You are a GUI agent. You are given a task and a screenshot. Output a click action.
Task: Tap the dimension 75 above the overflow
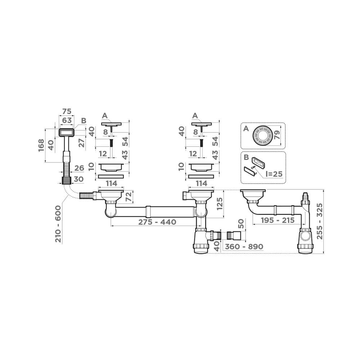(x=66, y=111)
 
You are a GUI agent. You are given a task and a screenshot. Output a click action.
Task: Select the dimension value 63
(x=66, y=120)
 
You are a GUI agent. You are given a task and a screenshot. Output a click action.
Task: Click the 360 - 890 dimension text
(x=243, y=247)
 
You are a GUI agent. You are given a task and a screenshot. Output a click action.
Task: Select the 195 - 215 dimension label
(x=274, y=220)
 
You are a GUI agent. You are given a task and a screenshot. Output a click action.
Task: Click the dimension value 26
(x=79, y=167)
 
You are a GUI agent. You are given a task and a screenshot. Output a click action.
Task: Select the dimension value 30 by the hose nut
(x=79, y=179)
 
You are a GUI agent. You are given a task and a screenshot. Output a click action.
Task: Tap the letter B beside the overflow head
(x=84, y=121)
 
